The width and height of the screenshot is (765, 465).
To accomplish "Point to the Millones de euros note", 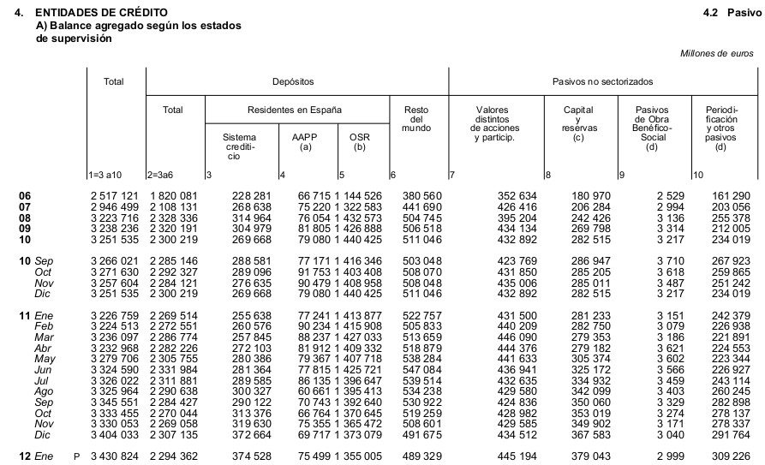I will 716,53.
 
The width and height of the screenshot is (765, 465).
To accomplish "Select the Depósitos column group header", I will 293,81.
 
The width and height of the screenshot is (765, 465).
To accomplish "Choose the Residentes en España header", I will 294,110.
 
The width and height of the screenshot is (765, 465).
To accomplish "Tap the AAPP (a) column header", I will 302,141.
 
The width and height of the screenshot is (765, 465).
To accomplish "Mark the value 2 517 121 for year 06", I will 113,197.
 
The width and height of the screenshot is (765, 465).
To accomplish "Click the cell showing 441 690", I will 421,206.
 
